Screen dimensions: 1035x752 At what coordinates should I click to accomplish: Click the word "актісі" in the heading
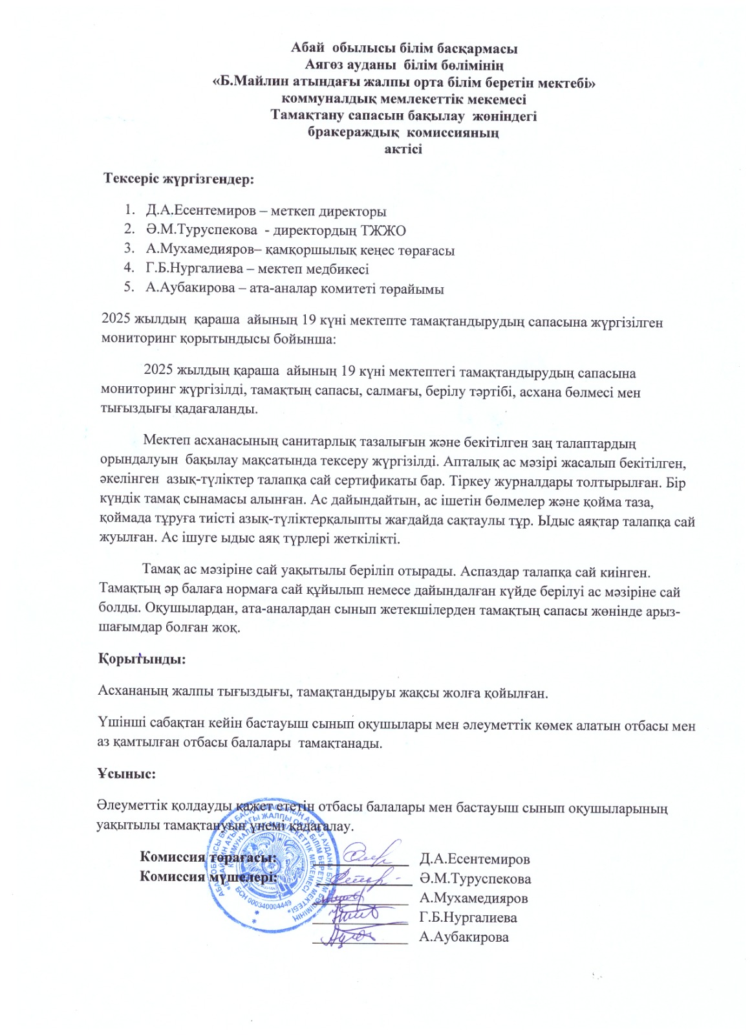pos(403,149)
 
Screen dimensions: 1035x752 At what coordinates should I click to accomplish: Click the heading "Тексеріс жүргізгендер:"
pos(179,179)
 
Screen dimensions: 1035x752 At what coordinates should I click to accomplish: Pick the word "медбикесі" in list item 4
pos(336,269)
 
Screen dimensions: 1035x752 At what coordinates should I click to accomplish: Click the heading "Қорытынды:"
pos(142,659)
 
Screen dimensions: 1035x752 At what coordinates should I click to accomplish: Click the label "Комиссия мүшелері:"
pos(208,877)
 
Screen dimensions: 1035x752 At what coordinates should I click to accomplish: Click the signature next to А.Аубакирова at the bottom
pos(346,936)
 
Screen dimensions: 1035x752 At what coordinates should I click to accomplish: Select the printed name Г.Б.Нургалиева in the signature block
pos(467,918)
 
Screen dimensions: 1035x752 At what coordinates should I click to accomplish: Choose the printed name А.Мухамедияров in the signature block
pos(473,898)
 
